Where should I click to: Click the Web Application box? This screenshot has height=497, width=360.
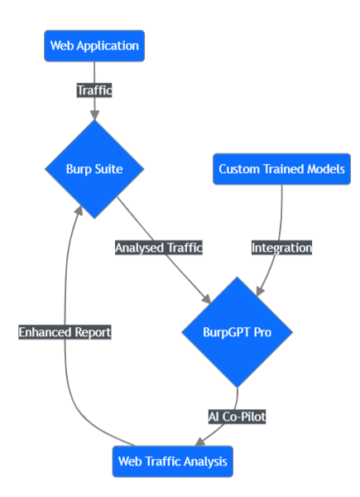coord(94,46)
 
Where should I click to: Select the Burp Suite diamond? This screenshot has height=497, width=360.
coord(94,169)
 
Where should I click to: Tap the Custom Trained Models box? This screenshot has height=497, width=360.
coord(282,169)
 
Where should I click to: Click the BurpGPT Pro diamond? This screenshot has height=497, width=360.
coord(238,332)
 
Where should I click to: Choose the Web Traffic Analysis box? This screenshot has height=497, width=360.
coord(173,461)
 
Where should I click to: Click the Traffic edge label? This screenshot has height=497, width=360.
coord(94,90)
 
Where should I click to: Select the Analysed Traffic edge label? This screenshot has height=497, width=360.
coord(159,248)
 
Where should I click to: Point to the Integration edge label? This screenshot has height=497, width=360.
coord(282,248)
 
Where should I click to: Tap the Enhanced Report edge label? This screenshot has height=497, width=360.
coord(65,332)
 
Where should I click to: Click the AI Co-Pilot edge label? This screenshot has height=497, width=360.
coord(238,417)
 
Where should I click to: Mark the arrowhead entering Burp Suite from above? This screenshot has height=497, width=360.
coord(94,115)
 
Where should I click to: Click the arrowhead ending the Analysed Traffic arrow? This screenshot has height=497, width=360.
coord(206,299)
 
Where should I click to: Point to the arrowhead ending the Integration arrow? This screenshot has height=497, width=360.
coord(260,292)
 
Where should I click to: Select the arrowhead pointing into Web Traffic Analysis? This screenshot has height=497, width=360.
coord(200,442)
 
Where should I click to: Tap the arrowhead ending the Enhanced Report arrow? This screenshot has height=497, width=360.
coord(79,210)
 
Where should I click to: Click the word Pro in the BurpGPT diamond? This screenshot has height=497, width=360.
coord(262,332)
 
